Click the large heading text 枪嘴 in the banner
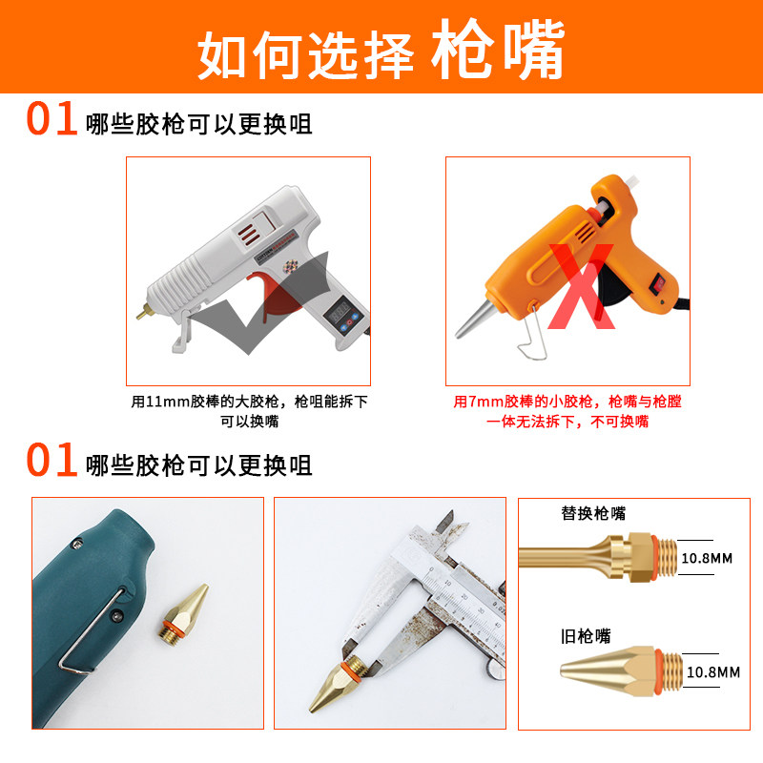[x=498, y=49]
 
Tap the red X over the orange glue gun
[x=581, y=286]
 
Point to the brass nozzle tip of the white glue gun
[x=142, y=313]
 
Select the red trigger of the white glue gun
[x=273, y=297]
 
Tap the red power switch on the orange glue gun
[x=659, y=283]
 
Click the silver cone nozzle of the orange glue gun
[x=476, y=318]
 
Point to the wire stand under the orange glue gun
[x=532, y=333]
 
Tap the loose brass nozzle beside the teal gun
[x=183, y=611]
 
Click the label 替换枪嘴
[x=593, y=513]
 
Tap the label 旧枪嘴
[x=586, y=636]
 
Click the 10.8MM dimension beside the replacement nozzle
[x=707, y=558]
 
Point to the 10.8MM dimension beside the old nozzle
[x=712, y=672]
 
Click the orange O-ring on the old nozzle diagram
[x=659, y=671]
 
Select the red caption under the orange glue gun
[x=567, y=411]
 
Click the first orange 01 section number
[x=52, y=118]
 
